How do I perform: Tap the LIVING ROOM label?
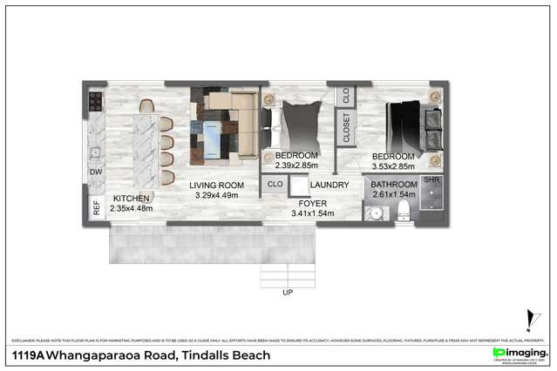pyautogui.click(x=218, y=185)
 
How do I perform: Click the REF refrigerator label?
pyautogui.click(x=96, y=208)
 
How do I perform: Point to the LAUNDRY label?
pyautogui.click(x=329, y=185)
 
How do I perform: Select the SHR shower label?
pyautogui.click(x=432, y=179)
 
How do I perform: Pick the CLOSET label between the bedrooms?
pyautogui.click(x=346, y=127)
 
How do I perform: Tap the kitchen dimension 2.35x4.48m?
pyautogui.click(x=132, y=208)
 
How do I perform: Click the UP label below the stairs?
pyautogui.click(x=288, y=293)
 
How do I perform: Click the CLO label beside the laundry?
pyautogui.click(x=275, y=185)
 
